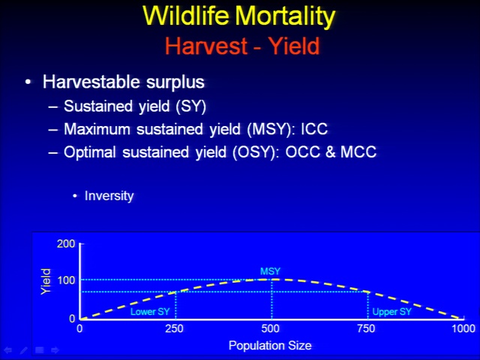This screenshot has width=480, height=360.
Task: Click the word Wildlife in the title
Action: [186, 16]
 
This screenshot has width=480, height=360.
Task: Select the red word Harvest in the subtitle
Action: [206, 46]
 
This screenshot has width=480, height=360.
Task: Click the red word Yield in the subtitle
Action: [295, 46]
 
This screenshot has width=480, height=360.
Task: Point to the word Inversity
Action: [109, 196]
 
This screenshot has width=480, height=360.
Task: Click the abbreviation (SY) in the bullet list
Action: [191, 106]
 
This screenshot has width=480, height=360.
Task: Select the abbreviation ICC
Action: [314, 129]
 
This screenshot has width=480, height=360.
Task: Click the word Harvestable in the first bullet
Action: [91, 82]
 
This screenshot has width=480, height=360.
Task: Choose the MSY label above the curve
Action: [270, 271]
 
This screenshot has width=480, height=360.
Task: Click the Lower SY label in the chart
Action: [150, 312]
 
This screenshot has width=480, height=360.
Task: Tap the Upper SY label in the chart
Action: [391, 312]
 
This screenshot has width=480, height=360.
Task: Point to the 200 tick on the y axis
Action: [66, 244]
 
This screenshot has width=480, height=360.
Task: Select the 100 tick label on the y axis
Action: [66, 280]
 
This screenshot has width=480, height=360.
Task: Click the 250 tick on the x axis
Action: [174, 328]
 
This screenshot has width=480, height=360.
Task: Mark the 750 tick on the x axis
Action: [366, 328]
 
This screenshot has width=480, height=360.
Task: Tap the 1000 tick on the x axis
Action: [463, 328]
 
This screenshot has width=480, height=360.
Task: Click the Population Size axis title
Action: [270, 346]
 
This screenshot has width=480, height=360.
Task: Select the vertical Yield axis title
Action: [46, 282]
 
